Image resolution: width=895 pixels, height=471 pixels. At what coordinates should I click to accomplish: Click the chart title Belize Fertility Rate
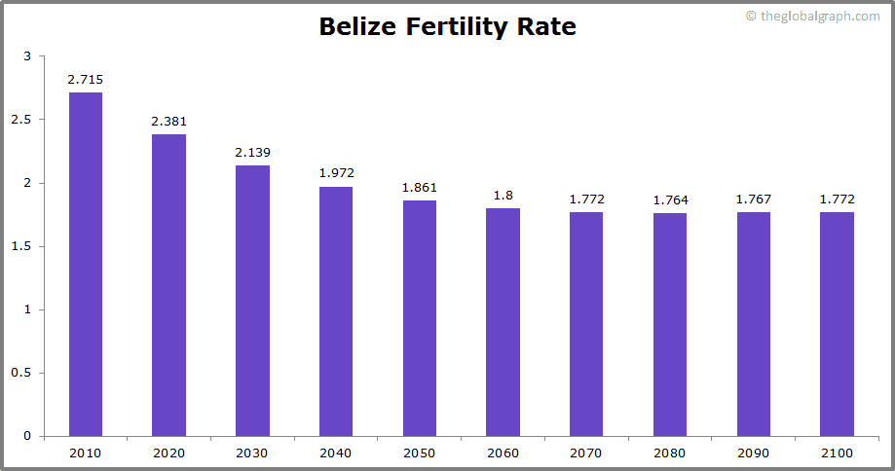point(447,26)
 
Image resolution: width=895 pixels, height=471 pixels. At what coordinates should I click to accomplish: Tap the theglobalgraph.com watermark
point(812,17)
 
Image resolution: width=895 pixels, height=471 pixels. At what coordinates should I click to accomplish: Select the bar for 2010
point(86,264)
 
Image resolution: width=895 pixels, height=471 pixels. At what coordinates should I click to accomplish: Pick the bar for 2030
point(252,301)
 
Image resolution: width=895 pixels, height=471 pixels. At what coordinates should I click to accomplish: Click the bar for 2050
point(420,318)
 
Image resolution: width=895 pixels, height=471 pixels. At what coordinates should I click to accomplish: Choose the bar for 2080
point(670,324)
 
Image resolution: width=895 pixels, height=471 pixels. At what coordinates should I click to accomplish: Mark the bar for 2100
point(837,324)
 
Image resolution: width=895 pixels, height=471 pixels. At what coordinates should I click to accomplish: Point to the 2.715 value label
point(86,79)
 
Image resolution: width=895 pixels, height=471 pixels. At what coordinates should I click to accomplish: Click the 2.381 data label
point(168,122)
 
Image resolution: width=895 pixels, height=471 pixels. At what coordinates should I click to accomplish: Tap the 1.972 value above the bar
point(336,173)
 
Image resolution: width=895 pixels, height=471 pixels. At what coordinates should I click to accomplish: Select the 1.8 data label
point(503,195)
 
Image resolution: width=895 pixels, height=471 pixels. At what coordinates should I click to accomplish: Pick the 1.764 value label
point(670,199)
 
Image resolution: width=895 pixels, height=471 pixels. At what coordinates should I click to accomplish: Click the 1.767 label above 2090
point(754,199)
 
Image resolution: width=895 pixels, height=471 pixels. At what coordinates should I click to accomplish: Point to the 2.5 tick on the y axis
point(21,120)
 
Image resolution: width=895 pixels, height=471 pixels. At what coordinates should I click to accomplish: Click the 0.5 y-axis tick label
point(21,373)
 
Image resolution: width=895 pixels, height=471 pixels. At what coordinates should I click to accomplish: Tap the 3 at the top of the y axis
point(27,56)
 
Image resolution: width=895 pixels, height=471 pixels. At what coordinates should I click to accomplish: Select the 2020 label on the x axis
point(168,453)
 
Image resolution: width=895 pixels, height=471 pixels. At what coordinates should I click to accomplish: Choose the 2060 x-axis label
point(503,453)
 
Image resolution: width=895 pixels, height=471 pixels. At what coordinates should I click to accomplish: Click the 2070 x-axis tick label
point(586,453)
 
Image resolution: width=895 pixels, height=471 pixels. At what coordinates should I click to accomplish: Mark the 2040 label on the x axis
point(336,453)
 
